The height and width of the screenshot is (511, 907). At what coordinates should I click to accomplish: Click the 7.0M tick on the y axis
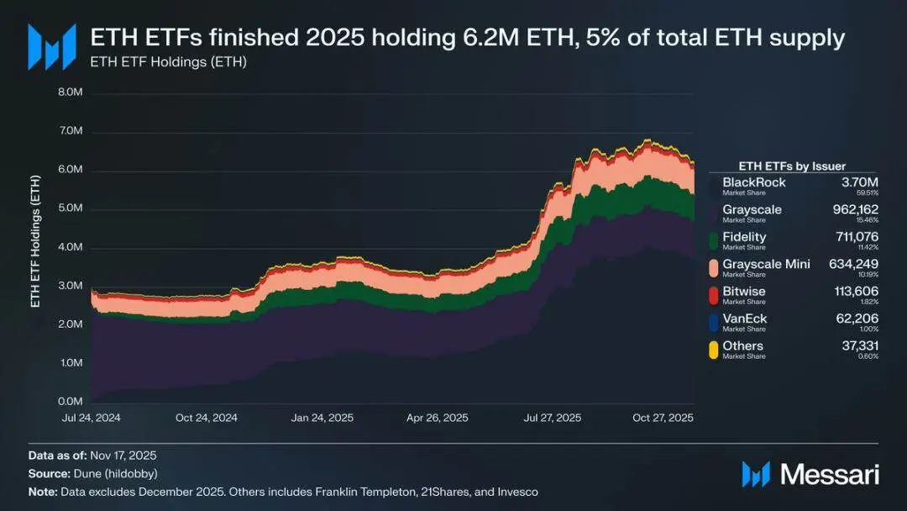[70, 132]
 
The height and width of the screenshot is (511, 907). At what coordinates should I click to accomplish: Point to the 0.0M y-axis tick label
[70, 402]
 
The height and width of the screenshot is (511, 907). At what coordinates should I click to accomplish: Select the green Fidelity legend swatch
[714, 241]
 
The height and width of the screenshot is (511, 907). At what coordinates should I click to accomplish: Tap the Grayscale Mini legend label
[766, 264]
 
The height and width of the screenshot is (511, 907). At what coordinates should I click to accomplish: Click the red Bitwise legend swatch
[714, 296]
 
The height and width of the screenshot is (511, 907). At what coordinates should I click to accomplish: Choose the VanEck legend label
[744, 319]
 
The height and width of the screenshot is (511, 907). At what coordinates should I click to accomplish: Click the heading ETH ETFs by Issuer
[791, 166]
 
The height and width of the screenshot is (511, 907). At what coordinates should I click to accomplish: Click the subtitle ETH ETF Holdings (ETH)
[168, 61]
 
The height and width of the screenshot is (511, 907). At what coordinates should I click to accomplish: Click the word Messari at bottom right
[830, 474]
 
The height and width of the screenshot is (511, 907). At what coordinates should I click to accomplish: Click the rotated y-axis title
[35, 241]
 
